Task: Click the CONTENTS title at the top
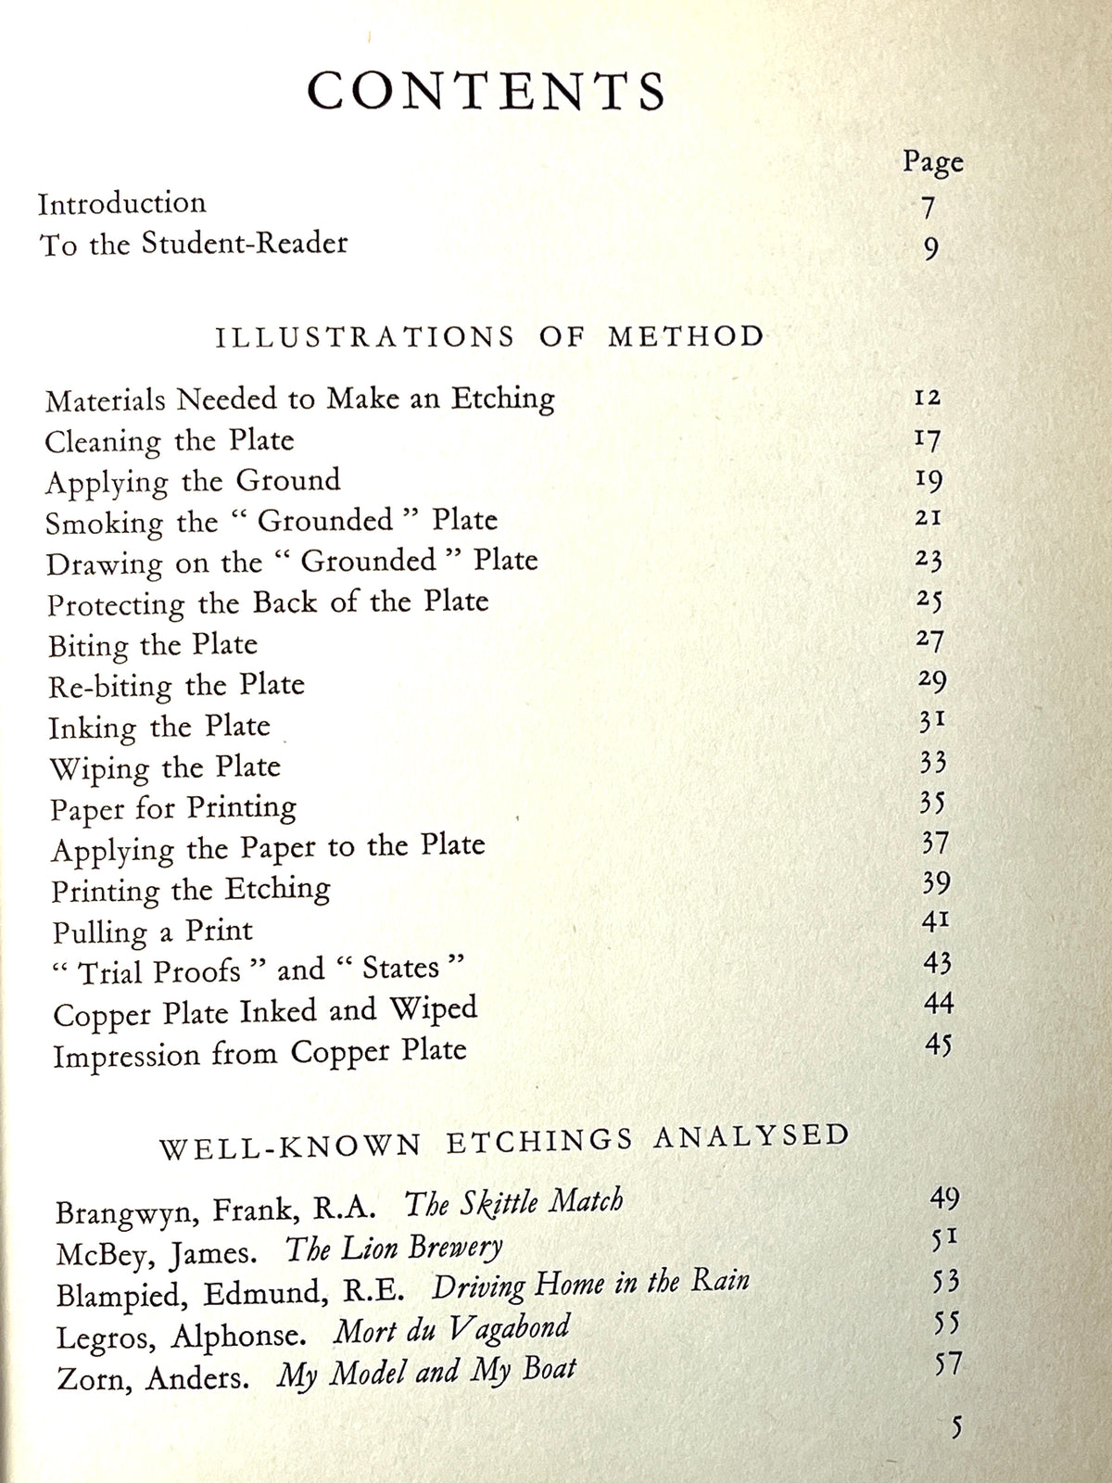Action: pos(486,91)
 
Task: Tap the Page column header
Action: pos(932,163)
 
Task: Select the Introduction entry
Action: pos(122,203)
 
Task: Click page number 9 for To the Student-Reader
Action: pos(931,248)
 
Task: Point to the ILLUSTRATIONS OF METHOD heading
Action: pos(489,336)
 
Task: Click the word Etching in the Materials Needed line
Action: pos(503,399)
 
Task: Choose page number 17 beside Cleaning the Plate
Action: pos(928,438)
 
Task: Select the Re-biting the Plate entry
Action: pos(176,686)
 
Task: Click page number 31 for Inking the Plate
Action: pos(931,720)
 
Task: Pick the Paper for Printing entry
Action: pos(173,808)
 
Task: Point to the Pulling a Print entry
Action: pos(152,931)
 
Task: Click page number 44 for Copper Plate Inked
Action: pos(938,1003)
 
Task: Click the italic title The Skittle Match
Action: pos(513,1203)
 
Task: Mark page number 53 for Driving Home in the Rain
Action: pos(945,1282)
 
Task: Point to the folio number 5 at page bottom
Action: pos(956,1426)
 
